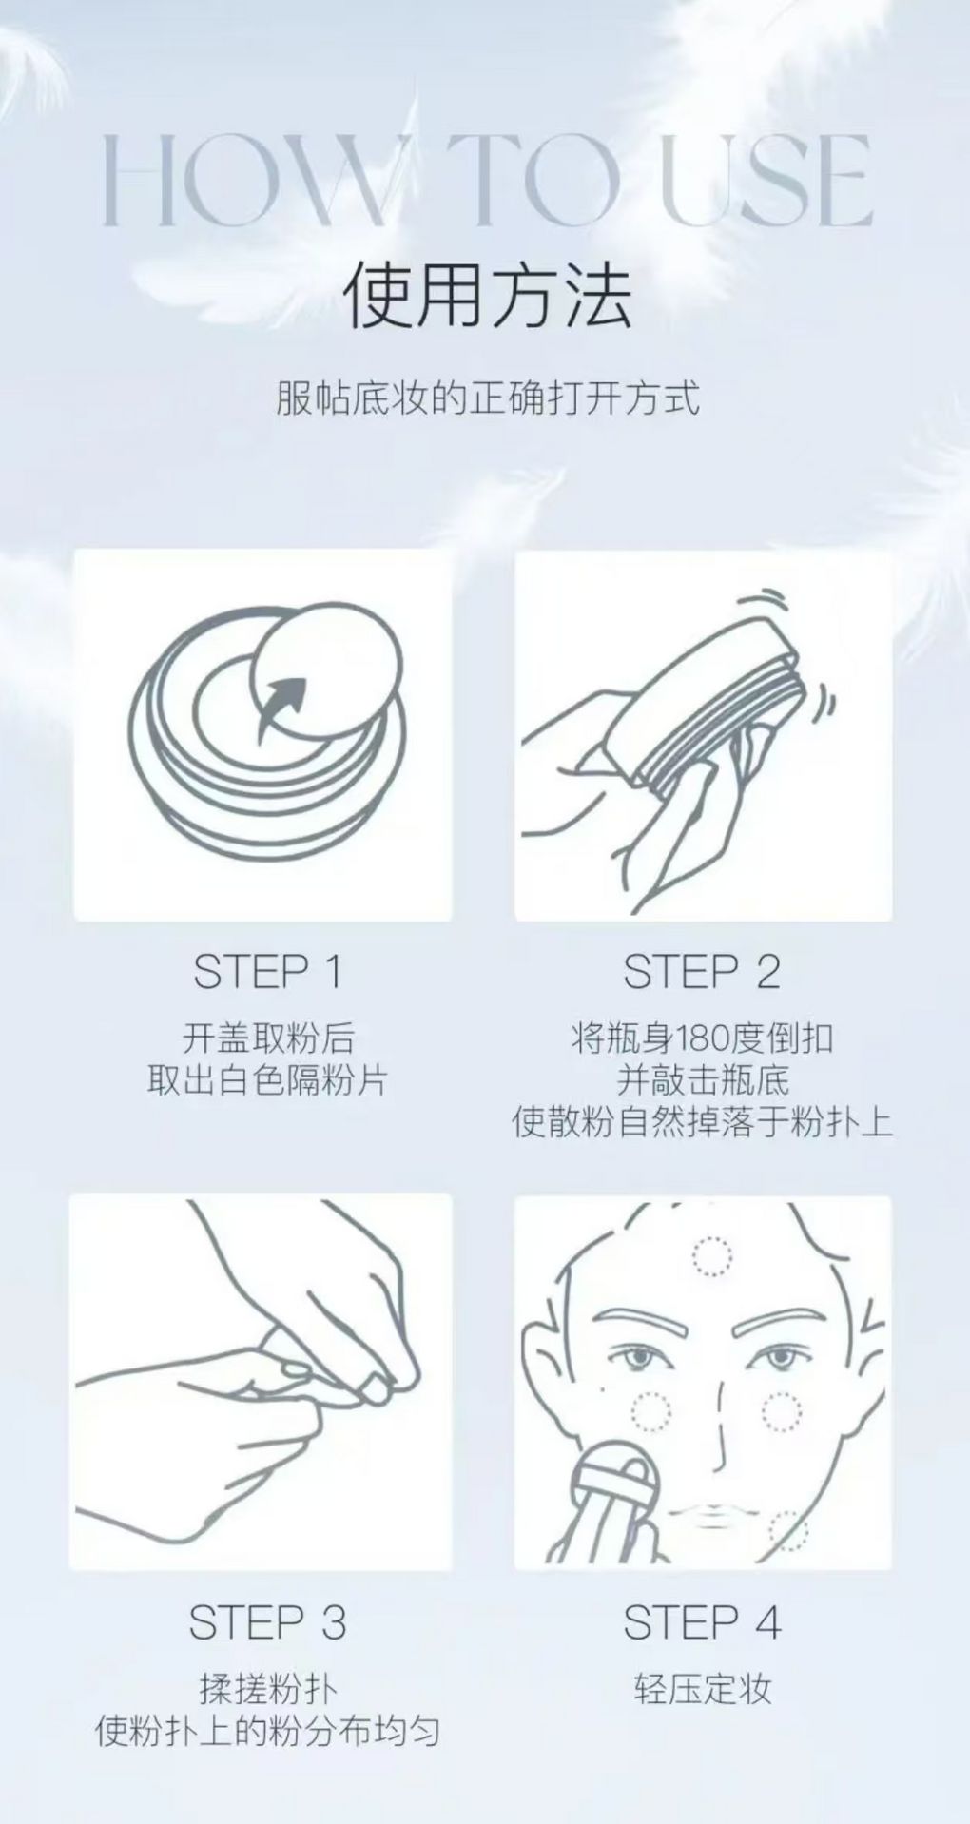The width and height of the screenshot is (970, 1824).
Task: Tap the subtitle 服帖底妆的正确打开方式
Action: [x=487, y=398]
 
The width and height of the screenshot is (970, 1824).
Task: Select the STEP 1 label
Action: [x=267, y=971]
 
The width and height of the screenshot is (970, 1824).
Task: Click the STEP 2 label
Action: [x=702, y=971]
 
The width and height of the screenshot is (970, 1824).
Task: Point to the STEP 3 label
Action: [x=267, y=1623]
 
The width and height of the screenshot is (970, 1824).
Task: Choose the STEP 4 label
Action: [x=702, y=1623]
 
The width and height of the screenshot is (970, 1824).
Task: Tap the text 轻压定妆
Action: [x=702, y=1689]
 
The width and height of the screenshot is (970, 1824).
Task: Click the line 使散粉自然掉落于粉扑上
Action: [x=702, y=1123]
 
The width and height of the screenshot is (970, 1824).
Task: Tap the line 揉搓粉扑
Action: [x=267, y=1689]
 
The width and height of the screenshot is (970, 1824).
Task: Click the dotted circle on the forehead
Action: [x=712, y=1256]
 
